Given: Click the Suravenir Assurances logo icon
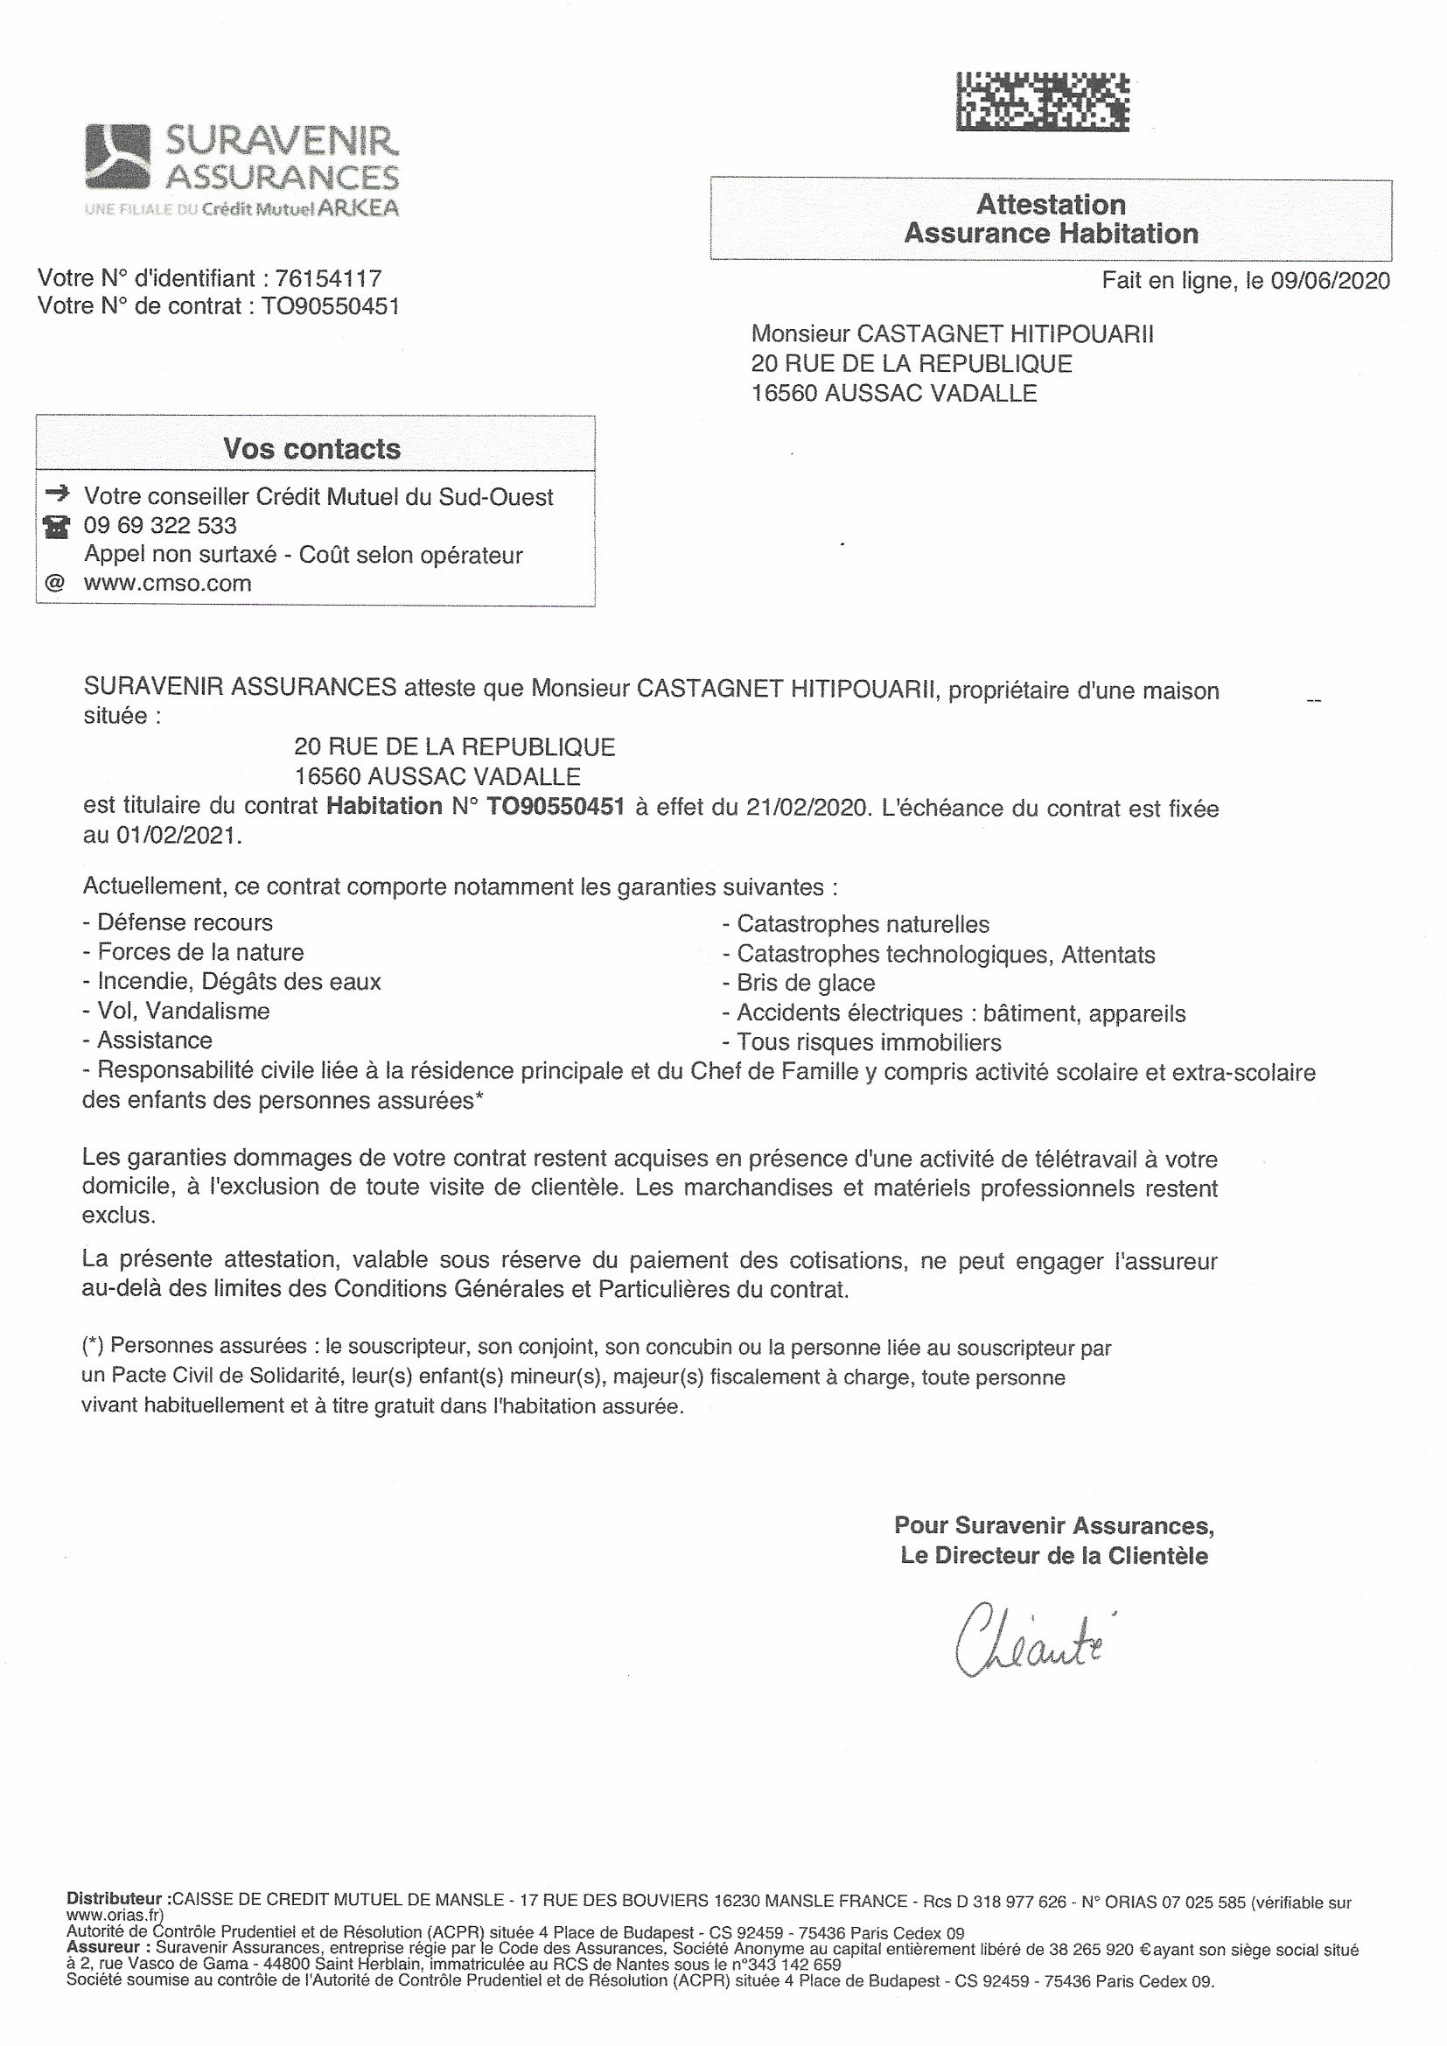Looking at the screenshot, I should point(116,156).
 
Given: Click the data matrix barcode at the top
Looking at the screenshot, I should point(1042,102).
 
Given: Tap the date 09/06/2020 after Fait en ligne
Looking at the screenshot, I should point(1331,281).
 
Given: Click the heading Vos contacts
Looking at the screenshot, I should point(311,448).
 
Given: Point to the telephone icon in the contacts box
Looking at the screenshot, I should point(56,527).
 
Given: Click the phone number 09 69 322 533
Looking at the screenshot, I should point(160,526).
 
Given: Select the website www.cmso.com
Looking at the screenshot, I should point(167,584).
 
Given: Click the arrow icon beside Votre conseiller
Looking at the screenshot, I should point(56,492).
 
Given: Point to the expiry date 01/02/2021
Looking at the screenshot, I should point(178,837).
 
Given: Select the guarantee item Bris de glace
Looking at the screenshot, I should point(806,983).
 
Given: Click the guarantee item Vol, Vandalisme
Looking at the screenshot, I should point(183,1011).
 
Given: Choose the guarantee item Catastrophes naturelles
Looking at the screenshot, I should point(863,924).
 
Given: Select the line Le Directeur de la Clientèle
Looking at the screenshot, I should point(1054,1557).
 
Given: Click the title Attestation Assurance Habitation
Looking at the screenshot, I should point(1051,219).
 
